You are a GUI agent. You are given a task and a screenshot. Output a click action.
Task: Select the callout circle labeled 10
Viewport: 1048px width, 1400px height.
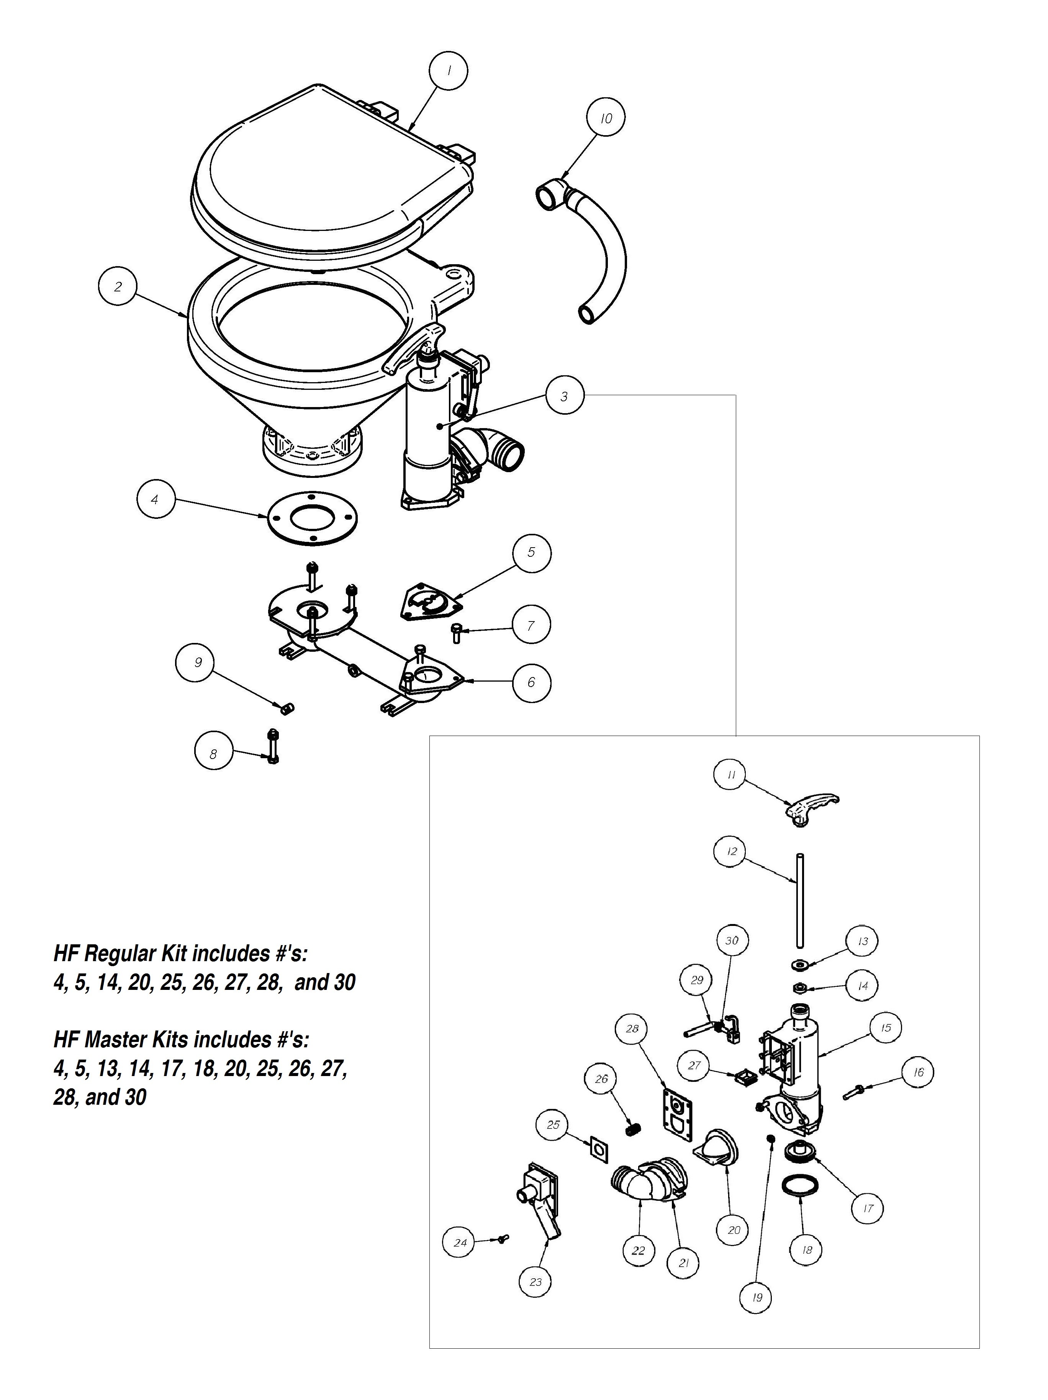(x=606, y=118)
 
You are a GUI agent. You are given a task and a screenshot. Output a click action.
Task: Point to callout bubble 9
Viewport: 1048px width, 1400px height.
(x=198, y=662)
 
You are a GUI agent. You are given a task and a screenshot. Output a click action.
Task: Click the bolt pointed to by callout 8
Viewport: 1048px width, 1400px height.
(x=273, y=747)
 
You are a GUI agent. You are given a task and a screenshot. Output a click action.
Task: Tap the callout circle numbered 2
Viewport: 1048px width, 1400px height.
(x=118, y=286)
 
